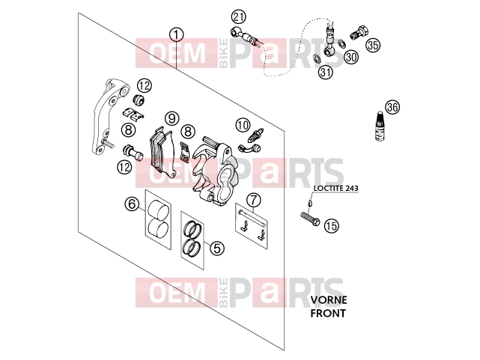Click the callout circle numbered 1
tap(177, 35)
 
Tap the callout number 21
tap(239, 16)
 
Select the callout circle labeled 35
tap(373, 45)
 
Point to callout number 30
tap(352, 57)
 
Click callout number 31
tap(326, 72)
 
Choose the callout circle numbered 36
tap(392, 107)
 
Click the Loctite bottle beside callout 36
tap(380, 126)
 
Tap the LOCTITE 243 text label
tap(335, 188)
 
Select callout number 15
tap(332, 226)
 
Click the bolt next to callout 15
tap(310, 219)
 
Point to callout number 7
tap(254, 201)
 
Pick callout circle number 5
tap(217, 248)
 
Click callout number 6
tap(132, 204)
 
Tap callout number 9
tap(171, 118)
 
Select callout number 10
tap(243, 125)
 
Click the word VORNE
tap(329, 300)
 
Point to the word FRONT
tap(328, 313)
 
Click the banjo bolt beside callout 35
tap(359, 33)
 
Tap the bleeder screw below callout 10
tap(256, 135)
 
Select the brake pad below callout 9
tap(162, 152)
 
